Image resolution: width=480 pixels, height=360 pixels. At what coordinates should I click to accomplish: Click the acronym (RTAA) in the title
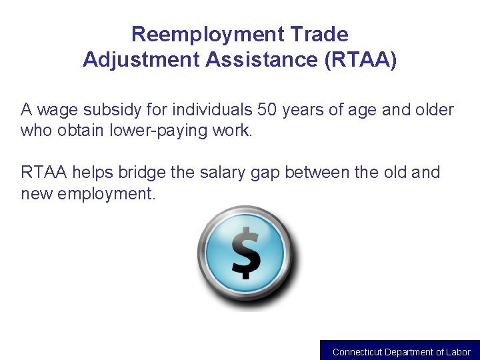(360, 61)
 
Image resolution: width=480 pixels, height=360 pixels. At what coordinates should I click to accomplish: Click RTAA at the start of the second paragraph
(44, 173)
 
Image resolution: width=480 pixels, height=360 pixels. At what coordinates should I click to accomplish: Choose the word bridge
(142, 173)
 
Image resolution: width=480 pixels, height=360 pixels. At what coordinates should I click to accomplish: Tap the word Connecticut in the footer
(357, 352)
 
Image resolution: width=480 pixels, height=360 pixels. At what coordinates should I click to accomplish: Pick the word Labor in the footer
(458, 352)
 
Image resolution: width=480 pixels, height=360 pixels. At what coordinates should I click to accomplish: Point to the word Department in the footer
(409, 352)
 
